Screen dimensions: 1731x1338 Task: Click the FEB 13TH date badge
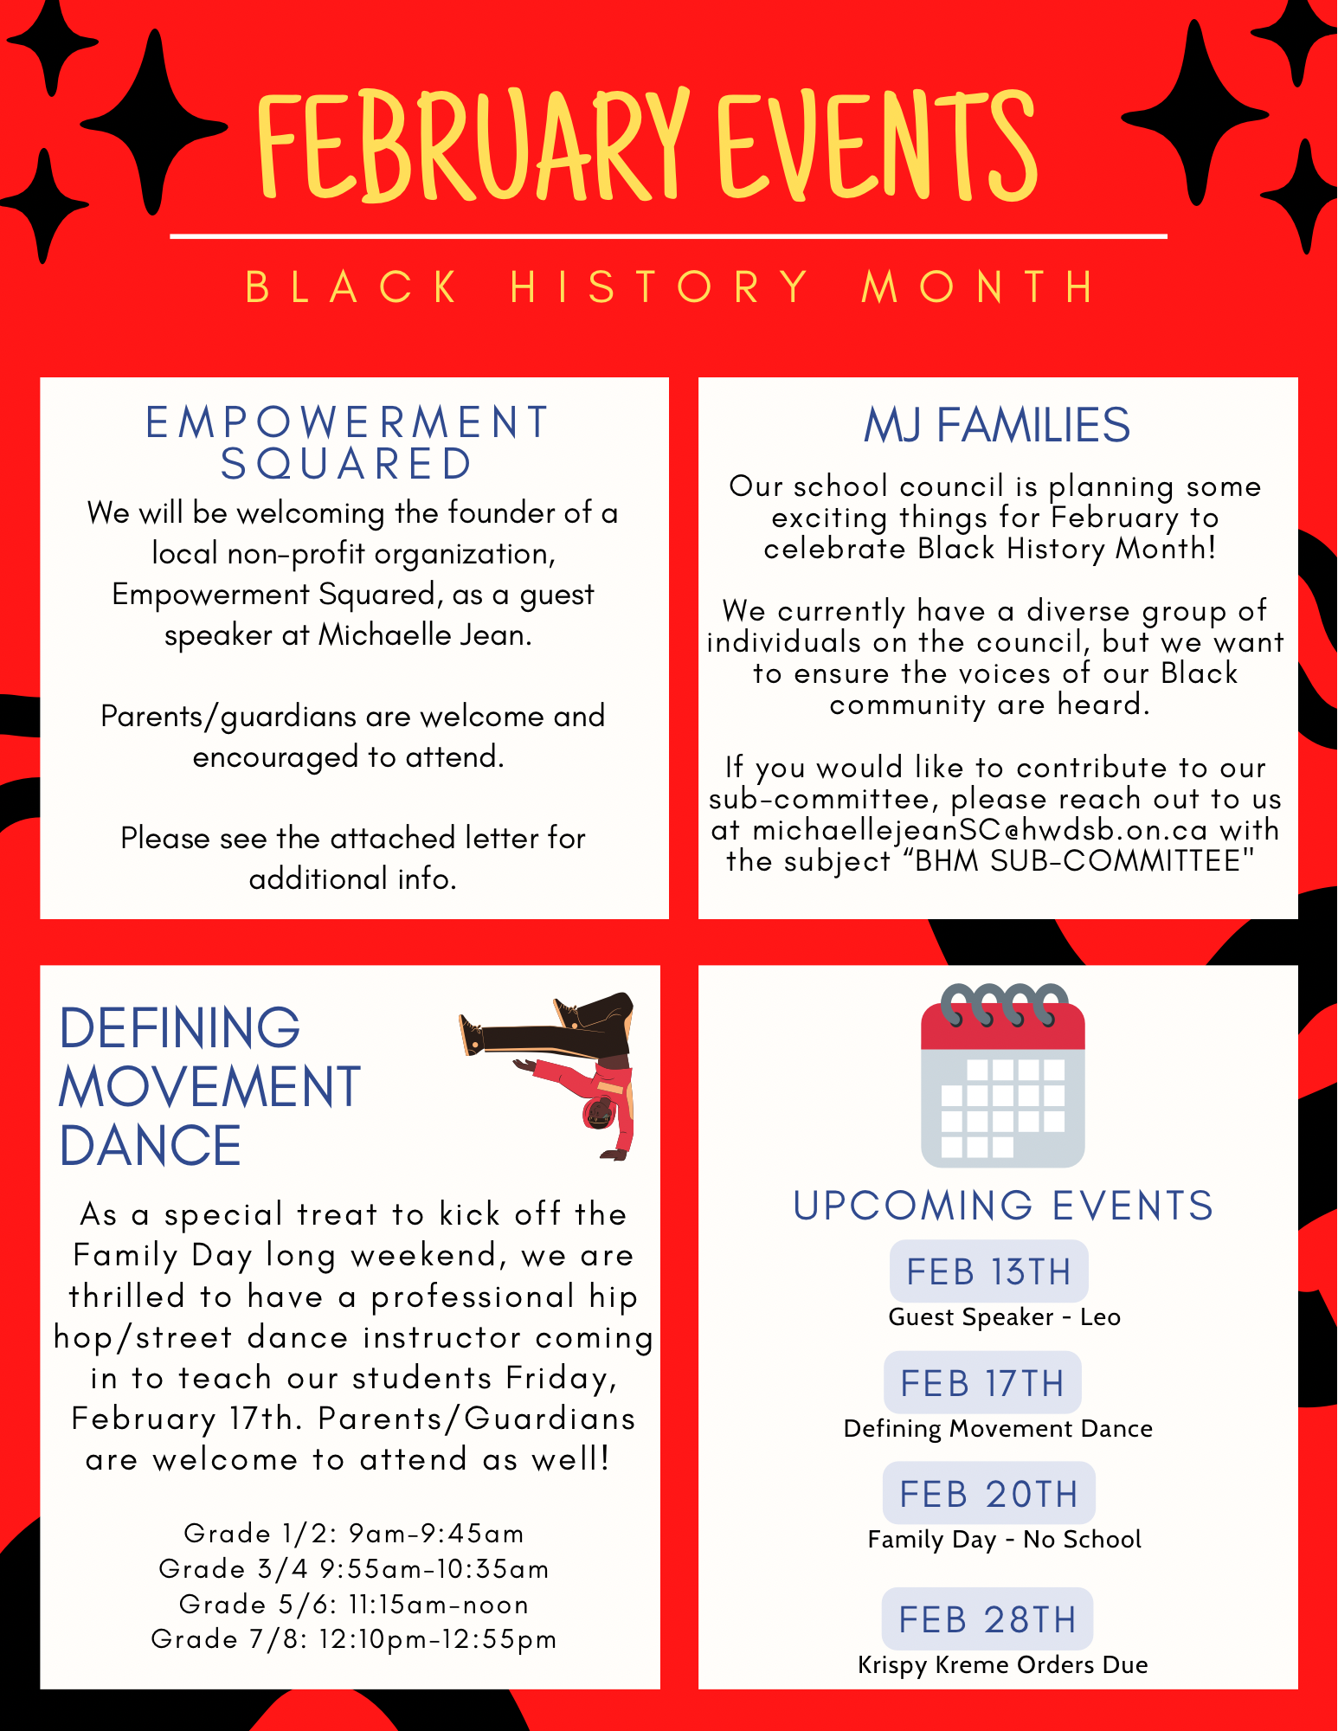coord(988,1271)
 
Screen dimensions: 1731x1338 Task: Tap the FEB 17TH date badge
coord(982,1382)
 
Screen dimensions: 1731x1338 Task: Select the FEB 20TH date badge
coord(988,1493)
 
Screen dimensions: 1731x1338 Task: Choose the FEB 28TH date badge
coord(987,1618)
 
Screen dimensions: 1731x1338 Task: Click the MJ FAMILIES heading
coord(997,425)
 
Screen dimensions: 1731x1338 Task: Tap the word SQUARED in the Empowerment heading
coord(346,464)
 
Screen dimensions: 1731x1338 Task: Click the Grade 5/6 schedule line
coord(354,1604)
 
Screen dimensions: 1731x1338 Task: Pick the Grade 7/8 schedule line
coord(354,1638)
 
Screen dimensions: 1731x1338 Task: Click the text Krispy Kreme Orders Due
coord(1002,1664)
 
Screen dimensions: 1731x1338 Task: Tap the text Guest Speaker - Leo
coord(1004,1316)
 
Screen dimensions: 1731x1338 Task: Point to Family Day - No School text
coord(1004,1539)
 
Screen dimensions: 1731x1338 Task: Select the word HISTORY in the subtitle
coord(659,286)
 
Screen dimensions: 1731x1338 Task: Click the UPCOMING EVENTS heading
coord(1003,1206)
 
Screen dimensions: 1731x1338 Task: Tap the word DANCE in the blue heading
coord(151,1146)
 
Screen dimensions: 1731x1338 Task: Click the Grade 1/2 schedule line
coord(354,1533)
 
